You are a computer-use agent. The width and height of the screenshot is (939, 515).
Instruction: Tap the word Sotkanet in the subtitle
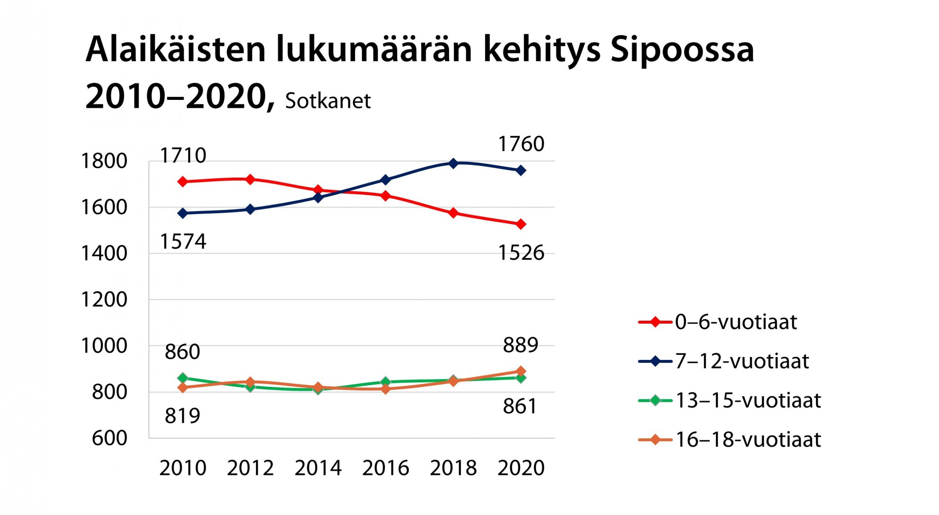[x=328, y=101]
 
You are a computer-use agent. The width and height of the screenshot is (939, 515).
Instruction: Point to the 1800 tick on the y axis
[x=104, y=161]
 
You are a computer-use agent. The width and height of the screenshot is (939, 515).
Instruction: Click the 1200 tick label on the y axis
[x=104, y=299]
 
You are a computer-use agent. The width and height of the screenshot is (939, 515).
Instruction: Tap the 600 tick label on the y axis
[x=109, y=438]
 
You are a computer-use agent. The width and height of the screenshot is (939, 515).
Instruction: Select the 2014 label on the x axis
[x=318, y=468]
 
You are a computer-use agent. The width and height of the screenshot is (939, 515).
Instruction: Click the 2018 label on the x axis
[x=453, y=468]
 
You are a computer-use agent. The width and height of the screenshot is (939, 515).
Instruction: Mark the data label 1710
[x=183, y=155]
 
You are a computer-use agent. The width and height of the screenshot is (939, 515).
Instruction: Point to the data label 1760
[x=521, y=144]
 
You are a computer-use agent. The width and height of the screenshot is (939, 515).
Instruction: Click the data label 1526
[x=521, y=253]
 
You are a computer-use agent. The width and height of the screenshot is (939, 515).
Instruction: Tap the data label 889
[x=520, y=345]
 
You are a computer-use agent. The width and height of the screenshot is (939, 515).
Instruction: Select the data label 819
[x=182, y=416]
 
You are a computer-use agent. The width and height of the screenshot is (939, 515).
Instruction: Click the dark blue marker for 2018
[x=453, y=163]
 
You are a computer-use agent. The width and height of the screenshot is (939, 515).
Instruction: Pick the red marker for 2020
[x=521, y=224]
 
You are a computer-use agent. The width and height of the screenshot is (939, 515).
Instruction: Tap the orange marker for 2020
[x=521, y=371]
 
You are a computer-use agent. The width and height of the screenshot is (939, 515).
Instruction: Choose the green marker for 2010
[x=183, y=378]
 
